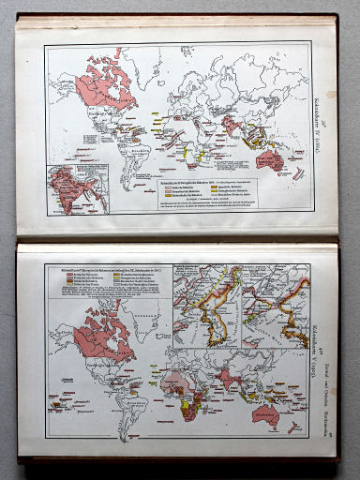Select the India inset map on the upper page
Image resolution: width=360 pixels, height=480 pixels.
tap(78, 188)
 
